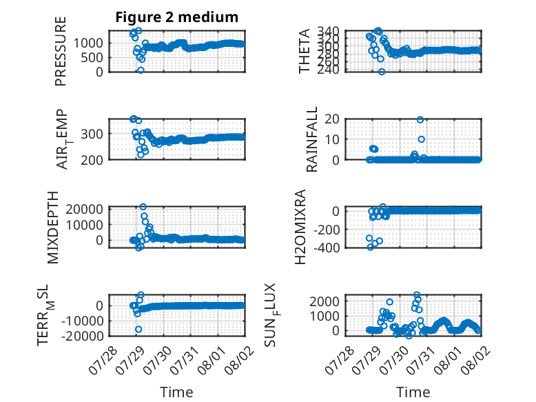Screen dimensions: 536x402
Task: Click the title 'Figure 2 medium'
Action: [177, 17]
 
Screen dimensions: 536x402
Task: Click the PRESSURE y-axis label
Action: [61, 51]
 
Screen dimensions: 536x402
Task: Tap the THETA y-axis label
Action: [304, 51]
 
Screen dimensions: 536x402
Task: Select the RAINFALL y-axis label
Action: [312, 139]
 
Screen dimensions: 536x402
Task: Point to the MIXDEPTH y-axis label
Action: [53, 228]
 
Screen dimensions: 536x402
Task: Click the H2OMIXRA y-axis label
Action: [300, 227]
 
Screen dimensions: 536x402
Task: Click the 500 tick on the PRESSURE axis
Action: [92, 57]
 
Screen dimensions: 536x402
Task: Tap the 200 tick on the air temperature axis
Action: [92, 160]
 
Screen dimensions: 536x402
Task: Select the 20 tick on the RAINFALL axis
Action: [331, 119]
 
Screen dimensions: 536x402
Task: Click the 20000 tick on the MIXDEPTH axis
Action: [84, 209]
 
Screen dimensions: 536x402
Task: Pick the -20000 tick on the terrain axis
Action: [82, 336]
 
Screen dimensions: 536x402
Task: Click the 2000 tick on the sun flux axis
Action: [324, 301]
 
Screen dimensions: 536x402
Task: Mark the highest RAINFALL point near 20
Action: [420, 119]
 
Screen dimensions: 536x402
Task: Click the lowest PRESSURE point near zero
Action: [141, 70]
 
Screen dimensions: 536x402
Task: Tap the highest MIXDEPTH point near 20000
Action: [143, 207]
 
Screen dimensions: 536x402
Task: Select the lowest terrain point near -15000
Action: [138, 329]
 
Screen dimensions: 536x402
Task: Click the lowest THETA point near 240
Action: [382, 72]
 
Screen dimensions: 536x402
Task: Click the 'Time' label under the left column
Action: [177, 392]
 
